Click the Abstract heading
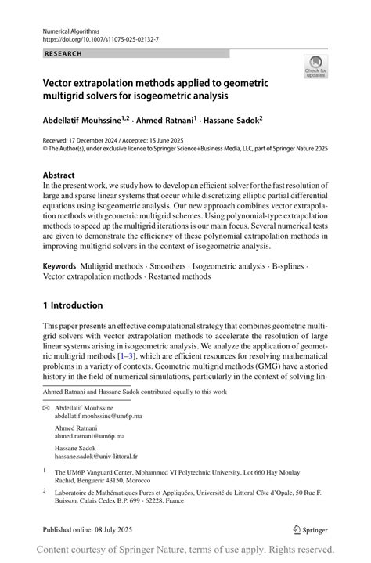[59, 175]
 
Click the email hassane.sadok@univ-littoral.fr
[95, 455]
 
